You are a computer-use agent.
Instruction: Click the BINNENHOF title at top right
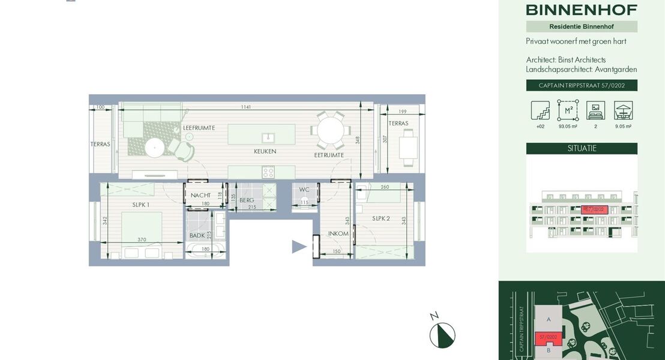click(581, 10)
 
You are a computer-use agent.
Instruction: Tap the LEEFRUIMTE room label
click(199, 128)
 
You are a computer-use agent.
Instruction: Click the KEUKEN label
click(265, 152)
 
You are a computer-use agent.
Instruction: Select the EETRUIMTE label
click(329, 155)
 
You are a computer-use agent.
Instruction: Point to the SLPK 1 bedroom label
click(140, 205)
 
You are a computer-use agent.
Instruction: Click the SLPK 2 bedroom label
click(381, 218)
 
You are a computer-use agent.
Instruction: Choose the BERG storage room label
click(247, 200)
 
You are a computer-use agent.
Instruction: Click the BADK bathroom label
click(197, 236)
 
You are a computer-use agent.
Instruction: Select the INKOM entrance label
click(338, 233)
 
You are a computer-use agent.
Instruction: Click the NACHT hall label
click(200, 196)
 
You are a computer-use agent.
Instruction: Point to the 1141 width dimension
click(245, 107)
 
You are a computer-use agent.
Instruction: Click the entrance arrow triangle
click(299, 247)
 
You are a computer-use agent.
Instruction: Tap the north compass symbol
click(442, 335)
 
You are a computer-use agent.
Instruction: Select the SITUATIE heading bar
click(582, 148)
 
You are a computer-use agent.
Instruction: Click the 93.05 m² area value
click(567, 127)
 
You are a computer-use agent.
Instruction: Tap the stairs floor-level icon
click(540, 110)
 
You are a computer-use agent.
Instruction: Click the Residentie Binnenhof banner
click(582, 26)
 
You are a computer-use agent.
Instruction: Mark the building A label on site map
click(549, 320)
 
